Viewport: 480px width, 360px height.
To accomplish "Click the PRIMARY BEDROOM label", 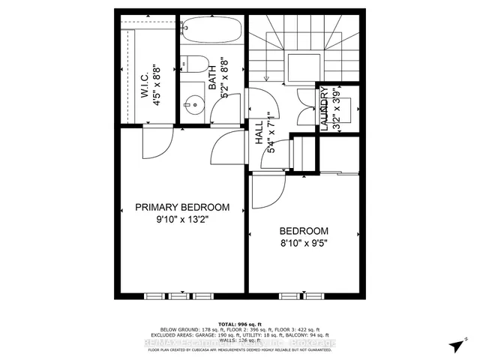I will point(182,207).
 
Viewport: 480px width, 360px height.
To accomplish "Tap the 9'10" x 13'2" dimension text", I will point(182,220).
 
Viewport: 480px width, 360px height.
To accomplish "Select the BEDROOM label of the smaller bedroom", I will point(304,230).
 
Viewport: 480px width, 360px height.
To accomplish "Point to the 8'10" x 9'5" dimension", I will point(304,243).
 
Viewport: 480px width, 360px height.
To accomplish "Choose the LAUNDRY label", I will point(324,110).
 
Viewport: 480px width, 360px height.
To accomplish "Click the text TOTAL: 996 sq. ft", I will point(239,321).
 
